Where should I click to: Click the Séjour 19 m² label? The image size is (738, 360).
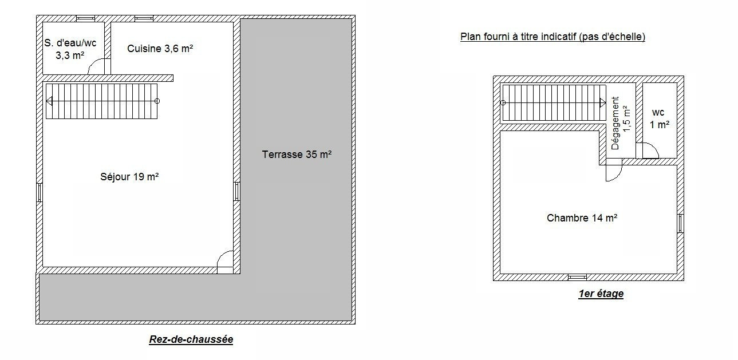129,177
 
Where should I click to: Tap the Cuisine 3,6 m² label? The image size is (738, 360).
160,49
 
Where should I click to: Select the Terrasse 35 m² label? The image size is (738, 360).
297,154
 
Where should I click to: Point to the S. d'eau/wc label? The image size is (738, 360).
70,43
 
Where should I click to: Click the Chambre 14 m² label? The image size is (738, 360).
582,217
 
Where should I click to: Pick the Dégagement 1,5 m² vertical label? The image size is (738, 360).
621,123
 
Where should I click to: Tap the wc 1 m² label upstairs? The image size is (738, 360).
659,118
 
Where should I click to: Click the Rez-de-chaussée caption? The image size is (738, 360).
191,339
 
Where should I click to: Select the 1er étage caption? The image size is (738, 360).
601,294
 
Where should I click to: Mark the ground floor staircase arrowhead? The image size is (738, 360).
49,101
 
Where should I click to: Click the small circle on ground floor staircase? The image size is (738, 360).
157,101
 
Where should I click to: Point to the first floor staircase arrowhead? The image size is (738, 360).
602,103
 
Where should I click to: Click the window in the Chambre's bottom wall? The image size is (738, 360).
577,278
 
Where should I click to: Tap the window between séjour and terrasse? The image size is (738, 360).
236,191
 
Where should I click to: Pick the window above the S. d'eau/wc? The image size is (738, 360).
85,18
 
